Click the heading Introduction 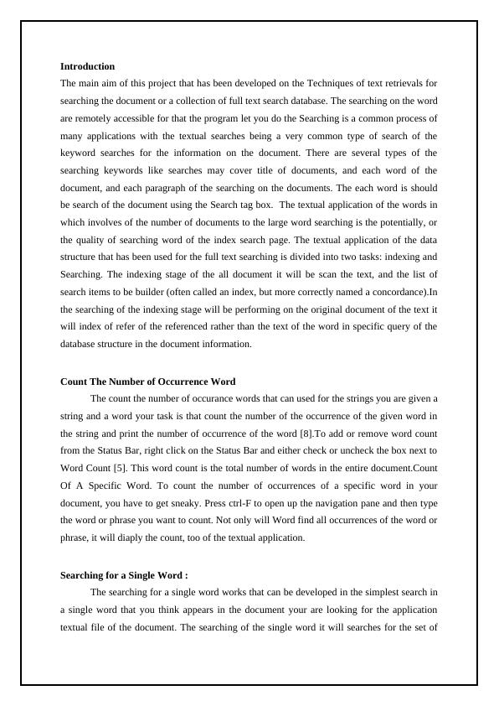[x=87, y=66]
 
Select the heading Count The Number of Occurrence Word [x=147, y=382]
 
